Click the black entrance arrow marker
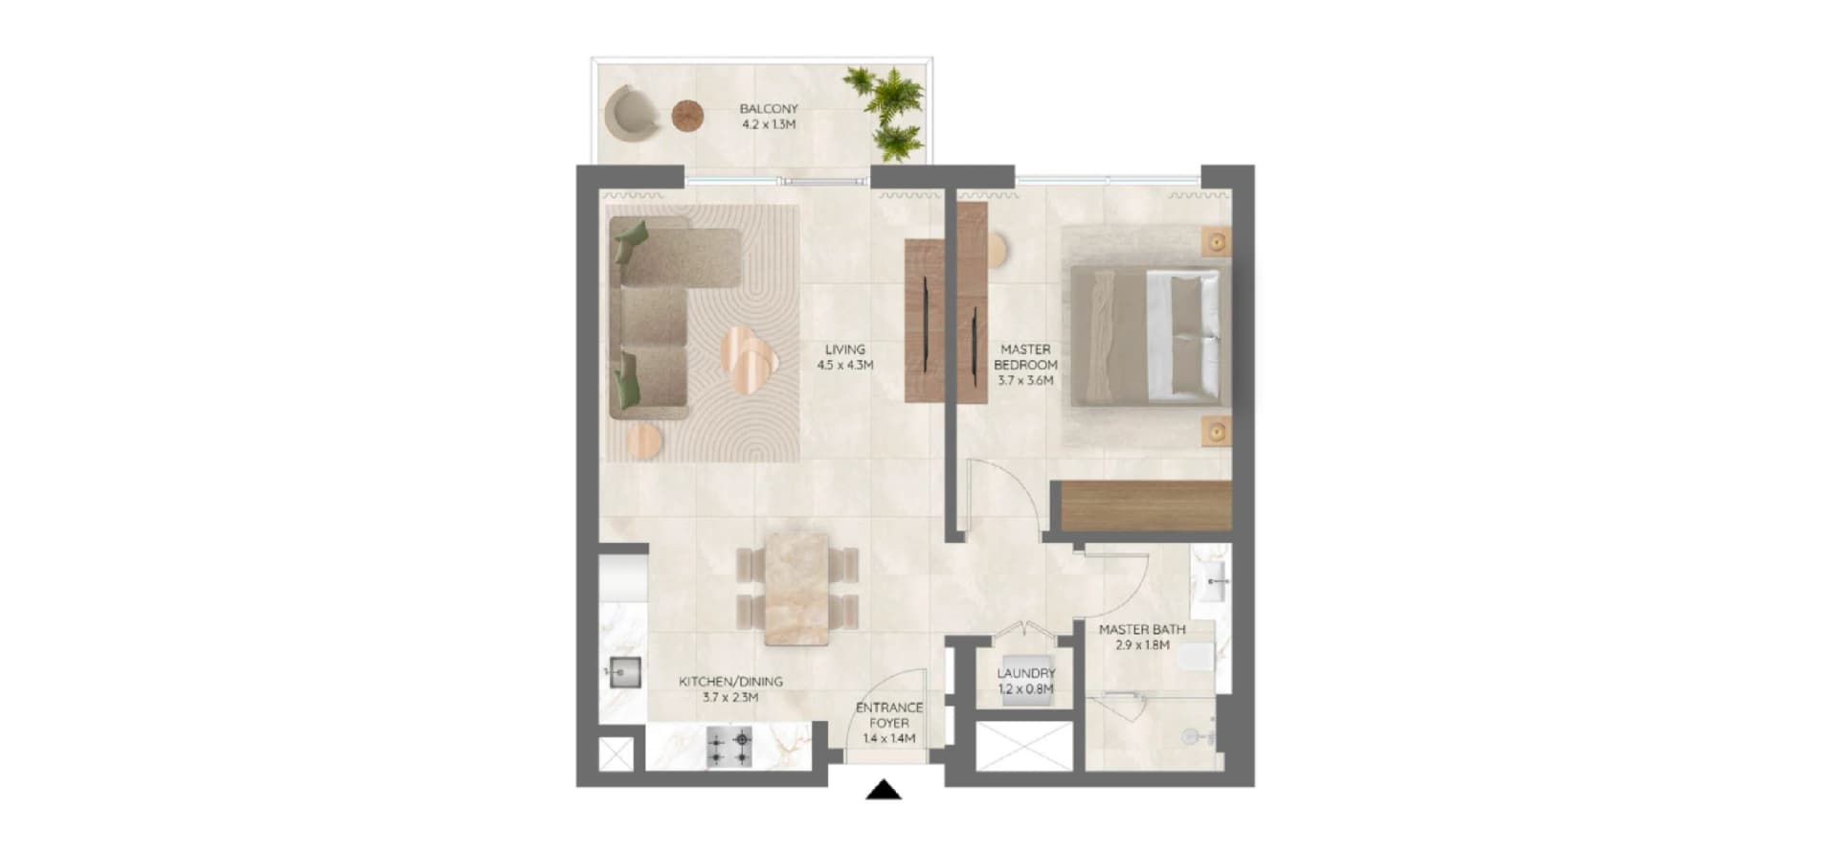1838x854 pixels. (x=884, y=790)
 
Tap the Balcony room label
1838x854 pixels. (x=769, y=117)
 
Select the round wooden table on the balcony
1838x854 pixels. (x=688, y=116)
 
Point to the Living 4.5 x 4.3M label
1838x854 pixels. (x=844, y=357)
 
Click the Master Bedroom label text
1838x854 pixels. (x=1025, y=365)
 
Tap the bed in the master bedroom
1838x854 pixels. (x=1149, y=335)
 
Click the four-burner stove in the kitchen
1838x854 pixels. (x=729, y=747)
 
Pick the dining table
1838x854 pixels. (x=797, y=590)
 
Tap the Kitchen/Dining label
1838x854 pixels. (x=730, y=689)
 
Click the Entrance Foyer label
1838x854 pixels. (x=889, y=723)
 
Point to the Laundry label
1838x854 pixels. (x=1026, y=681)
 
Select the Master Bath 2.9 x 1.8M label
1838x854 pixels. (x=1142, y=638)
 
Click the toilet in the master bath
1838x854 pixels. (x=1197, y=658)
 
